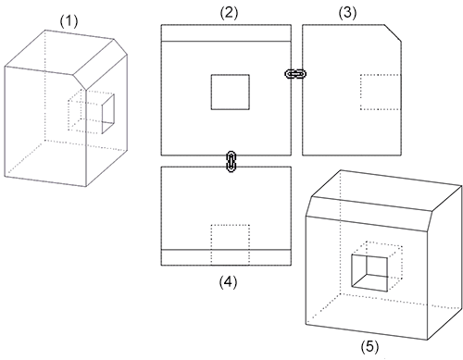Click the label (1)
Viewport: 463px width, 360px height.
click(69, 21)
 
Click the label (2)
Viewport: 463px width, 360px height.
click(229, 13)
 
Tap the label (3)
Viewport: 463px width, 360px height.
click(347, 13)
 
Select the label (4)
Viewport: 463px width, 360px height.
click(228, 282)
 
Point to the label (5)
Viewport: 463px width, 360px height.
click(369, 347)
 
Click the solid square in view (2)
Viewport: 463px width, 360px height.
click(231, 92)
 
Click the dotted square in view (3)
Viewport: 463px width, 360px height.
click(381, 92)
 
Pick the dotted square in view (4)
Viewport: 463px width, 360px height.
click(231, 244)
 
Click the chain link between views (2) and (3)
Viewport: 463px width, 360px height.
click(295, 74)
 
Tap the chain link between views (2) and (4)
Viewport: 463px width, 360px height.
click(231, 161)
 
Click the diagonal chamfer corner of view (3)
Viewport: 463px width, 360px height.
click(393, 32)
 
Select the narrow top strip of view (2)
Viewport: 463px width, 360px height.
click(226, 32)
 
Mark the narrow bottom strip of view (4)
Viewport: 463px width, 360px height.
click(226, 257)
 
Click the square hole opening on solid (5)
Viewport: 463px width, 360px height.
click(369, 273)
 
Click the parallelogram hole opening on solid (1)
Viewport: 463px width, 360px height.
click(108, 114)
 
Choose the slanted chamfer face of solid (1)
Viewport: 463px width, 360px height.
click(100, 64)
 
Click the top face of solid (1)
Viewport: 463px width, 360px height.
click(59, 52)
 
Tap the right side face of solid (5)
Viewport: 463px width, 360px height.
click(445, 263)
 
